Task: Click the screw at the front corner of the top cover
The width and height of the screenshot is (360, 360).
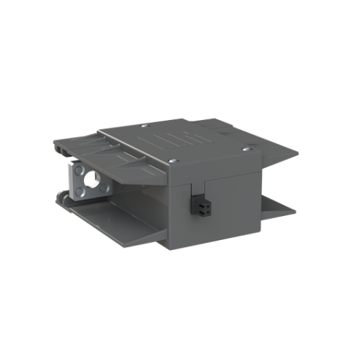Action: pyautogui.click(x=176, y=162)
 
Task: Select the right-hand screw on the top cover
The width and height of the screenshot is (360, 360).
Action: pyautogui.click(x=246, y=148)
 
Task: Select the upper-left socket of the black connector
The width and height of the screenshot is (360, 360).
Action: pyautogui.click(x=197, y=205)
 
